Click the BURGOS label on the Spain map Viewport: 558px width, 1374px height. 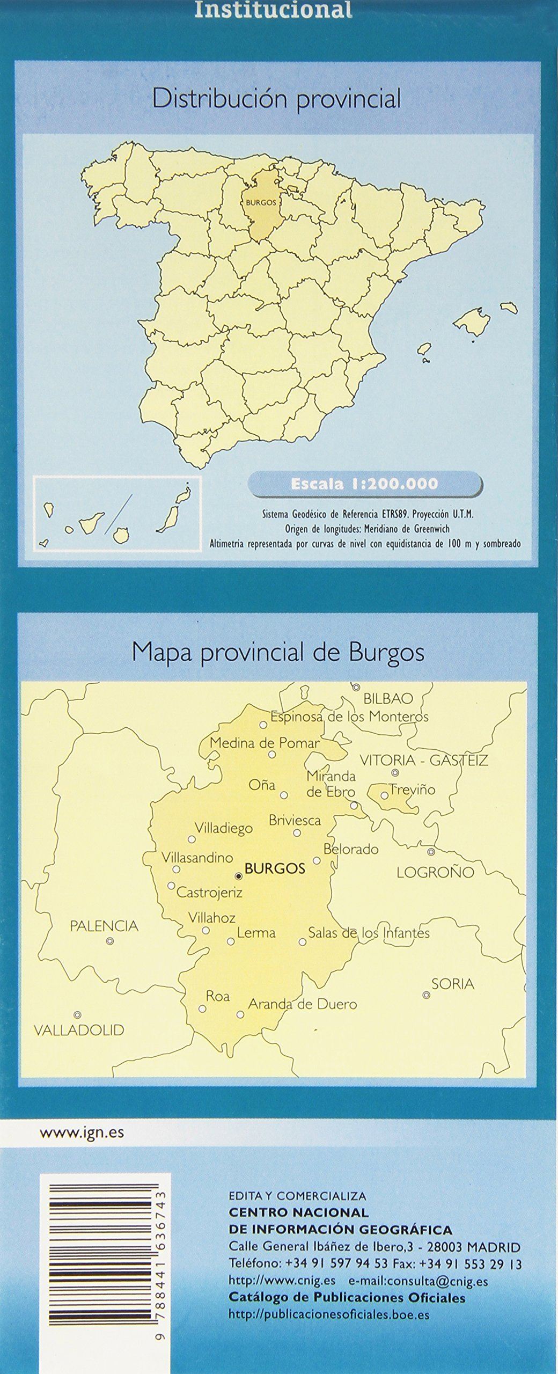tap(261, 203)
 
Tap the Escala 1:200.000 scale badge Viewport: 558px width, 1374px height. tap(364, 484)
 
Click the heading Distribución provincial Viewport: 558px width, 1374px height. tap(276, 99)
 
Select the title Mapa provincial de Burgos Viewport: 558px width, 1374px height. tap(278, 653)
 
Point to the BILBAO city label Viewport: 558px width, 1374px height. tap(388, 698)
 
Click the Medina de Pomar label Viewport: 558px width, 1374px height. tap(265, 743)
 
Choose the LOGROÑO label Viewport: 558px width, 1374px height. tap(436, 872)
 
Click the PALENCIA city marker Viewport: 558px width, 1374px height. tap(110, 941)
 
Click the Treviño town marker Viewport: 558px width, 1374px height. tap(385, 795)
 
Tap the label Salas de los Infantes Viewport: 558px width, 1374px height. tap(369, 932)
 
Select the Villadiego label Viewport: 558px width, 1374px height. tap(223, 828)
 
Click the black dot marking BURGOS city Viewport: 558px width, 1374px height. tap(239, 876)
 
